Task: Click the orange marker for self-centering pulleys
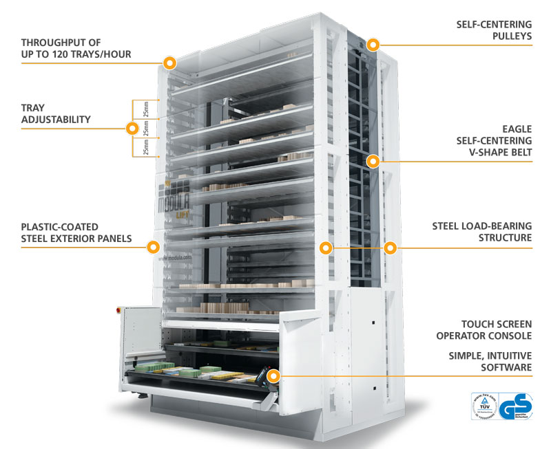(x=373, y=45)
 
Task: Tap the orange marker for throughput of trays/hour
(x=170, y=63)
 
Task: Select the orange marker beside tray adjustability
(x=131, y=128)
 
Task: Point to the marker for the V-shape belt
(x=373, y=162)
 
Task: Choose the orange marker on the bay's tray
(x=274, y=376)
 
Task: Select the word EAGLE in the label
(x=517, y=128)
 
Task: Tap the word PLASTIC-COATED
(x=60, y=226)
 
